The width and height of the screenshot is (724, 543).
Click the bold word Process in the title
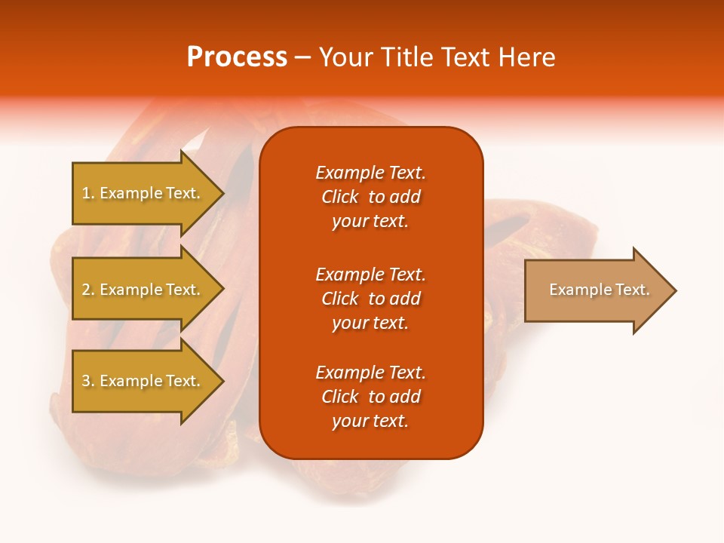coord(237,57)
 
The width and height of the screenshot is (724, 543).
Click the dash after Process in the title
coord(302,58)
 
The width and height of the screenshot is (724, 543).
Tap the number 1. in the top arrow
coord(88,193)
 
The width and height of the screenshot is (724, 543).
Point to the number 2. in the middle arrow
coord(88,290)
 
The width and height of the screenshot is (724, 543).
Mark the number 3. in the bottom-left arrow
coord(88,381)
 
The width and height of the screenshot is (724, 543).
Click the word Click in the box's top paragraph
coord(339,197)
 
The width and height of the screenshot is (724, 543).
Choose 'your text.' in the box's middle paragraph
coord(370,323)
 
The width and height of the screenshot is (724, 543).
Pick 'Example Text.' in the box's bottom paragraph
coord(370,373)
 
